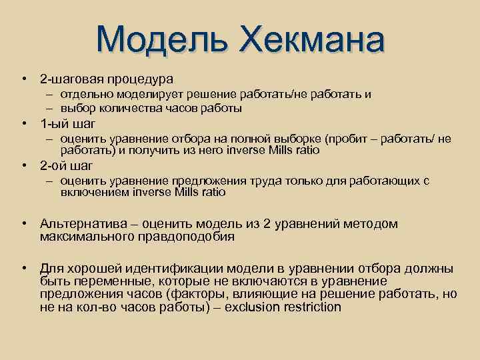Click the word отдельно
[83, 95]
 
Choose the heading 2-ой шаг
[67, 165]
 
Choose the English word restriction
[313, 307]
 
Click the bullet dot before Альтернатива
[23, 224]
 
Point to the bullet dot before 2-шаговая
[23, 79]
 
